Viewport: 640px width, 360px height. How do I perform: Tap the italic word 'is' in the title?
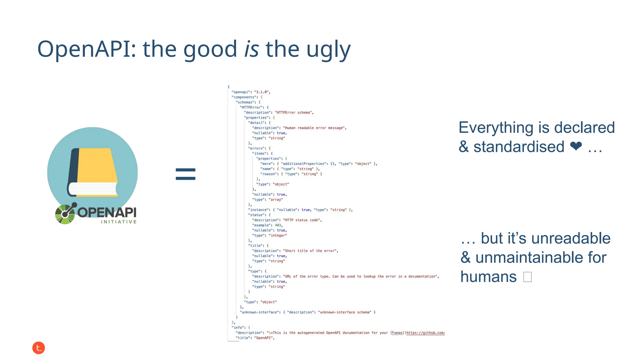pos(251,49)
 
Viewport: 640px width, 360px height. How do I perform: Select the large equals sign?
pos(185,174)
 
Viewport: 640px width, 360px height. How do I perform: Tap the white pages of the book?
pos(92,189)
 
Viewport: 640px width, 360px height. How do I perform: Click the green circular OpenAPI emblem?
pos(65,214)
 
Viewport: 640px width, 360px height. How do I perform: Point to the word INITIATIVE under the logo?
pos(119,222)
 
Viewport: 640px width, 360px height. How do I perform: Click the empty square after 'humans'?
pos(527,277)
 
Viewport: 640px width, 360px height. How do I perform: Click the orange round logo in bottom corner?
pos(39,348)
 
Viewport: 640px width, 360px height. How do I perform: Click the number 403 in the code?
pos(278,225)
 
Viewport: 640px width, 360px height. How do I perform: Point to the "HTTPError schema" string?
pos(293,112)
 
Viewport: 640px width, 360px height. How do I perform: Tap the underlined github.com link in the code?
pos(425,333)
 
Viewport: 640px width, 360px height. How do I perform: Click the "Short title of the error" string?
pos(310,251)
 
